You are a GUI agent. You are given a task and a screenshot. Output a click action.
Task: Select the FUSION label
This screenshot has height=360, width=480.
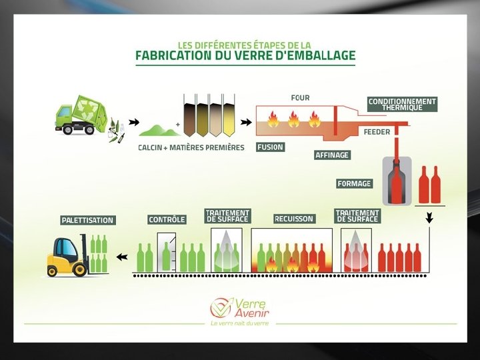pos(270,147)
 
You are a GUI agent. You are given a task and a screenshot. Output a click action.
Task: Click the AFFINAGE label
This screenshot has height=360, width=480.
pos(331,155)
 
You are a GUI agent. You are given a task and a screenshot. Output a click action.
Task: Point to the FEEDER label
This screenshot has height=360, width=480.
pos(377,132)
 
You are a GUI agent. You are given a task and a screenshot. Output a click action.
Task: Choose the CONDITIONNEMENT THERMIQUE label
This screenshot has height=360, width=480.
pos(402,105)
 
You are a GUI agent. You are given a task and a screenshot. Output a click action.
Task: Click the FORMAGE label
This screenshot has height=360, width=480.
pos(355,183)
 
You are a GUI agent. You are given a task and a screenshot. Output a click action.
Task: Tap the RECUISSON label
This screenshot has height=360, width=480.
pos(293,219)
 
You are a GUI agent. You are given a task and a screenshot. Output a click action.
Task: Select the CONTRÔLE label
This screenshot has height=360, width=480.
pos(167,219)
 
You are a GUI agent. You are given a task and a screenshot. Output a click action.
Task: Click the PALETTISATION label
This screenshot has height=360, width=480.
pos(88,220)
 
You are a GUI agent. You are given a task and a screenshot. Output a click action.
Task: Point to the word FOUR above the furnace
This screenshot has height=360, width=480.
pos(300,98)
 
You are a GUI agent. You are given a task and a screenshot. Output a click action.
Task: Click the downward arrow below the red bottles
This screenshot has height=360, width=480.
pos(429,217)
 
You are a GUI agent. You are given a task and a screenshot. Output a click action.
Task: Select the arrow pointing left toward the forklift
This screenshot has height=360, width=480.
pos(121,257)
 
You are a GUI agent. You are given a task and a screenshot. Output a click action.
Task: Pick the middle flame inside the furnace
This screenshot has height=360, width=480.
pos(293,121)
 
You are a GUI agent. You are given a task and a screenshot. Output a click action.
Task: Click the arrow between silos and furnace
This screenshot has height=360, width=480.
pos(246,123)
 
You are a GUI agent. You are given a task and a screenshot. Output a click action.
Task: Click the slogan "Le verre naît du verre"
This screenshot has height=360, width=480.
pos(240,323)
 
